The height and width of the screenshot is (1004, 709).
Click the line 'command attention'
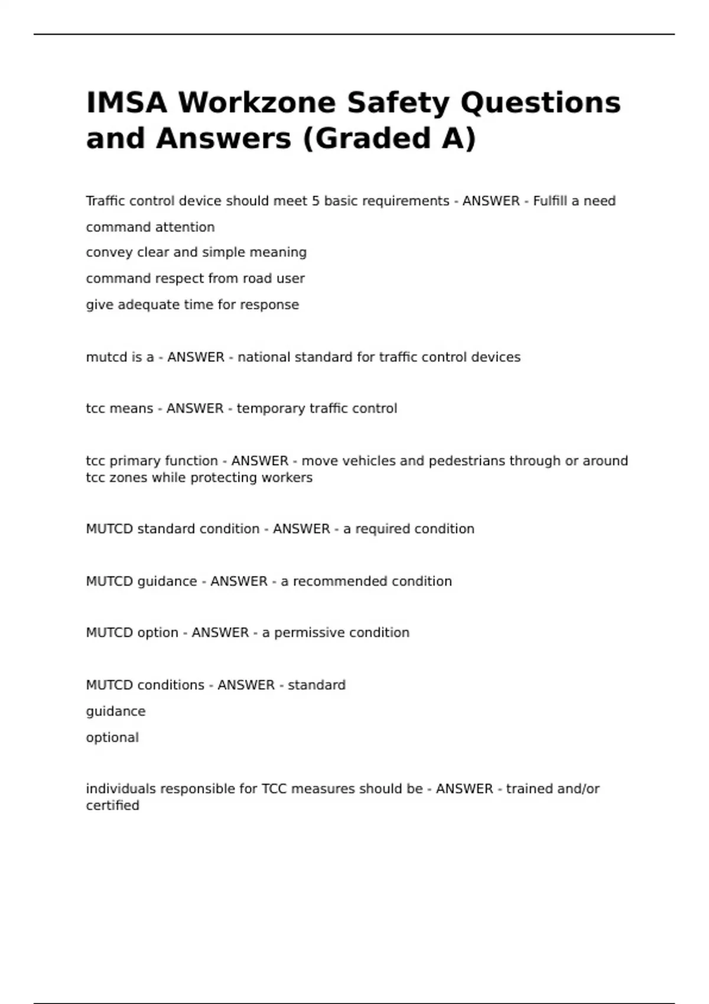150,227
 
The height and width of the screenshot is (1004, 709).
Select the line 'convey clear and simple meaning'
196,253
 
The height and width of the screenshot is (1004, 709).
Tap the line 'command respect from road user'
195,279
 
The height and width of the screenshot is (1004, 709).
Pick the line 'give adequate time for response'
192,305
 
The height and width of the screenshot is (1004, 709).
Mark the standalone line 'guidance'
115,712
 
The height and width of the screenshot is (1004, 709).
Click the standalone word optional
112,738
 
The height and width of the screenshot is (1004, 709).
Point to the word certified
112,806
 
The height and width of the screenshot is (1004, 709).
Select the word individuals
121,789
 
